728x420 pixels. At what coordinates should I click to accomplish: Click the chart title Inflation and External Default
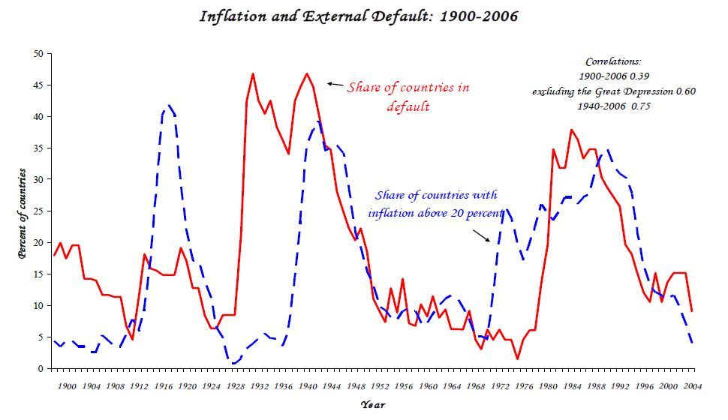point(358,16)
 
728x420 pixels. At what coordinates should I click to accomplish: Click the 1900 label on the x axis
point(67,385)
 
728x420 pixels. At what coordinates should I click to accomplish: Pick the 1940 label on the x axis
point(308,385)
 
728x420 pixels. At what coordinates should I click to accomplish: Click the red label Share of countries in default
point(408,96)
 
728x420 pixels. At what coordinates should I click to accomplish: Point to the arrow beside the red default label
point(335,85)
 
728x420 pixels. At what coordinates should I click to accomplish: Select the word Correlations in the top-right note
point(613,61)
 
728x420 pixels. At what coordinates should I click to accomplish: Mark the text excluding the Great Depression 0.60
point(614,91)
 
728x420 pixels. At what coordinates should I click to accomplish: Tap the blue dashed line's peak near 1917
point(168,106)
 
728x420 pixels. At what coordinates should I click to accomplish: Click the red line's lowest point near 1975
point(517,358)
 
